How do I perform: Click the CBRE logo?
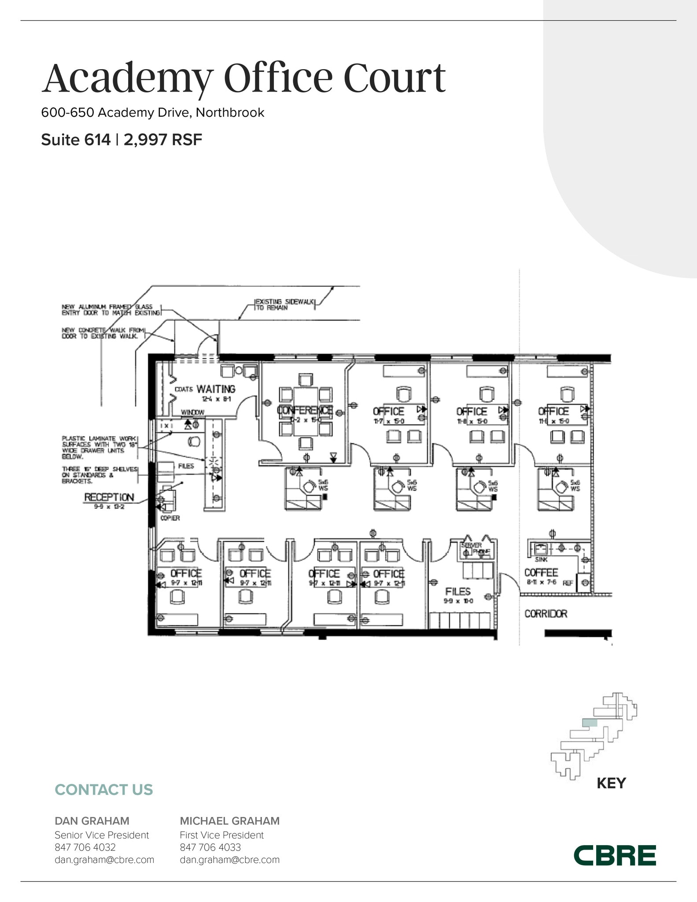pos(615,856)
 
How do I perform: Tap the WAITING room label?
pos(216,389)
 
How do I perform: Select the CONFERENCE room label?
pos(305,410)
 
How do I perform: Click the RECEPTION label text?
pos(109,497)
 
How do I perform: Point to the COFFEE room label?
pos(541,573)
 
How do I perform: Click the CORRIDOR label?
pos(546,614)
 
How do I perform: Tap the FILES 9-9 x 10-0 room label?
pos(457,591)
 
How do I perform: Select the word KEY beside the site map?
pos(611,783)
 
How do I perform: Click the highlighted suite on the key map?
pos(590,723)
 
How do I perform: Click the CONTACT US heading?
pos(103,790)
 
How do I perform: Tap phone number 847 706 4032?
pos(85,847)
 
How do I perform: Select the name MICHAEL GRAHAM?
pos(229,821)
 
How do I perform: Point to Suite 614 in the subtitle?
pos(76,140)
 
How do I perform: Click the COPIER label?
pos(170,518)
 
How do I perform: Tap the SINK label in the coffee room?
pos(541,559)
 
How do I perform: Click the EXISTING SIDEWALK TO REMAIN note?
pos(285,304)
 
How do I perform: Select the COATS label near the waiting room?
pos(184,389)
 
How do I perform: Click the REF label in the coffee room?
pos(568,583)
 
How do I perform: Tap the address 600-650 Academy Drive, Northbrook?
pos(152,112)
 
